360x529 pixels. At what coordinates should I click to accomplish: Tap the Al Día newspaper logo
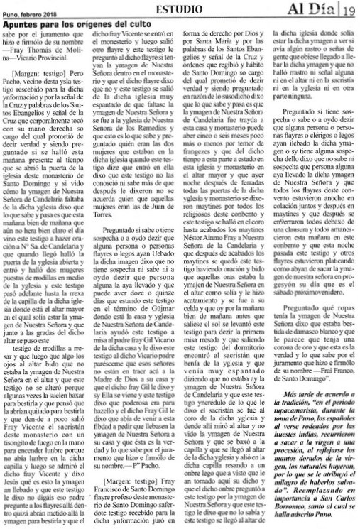pyautogui.click(x=319, y=9)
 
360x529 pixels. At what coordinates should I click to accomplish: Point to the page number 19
pyautogui.click(x=350, y=9)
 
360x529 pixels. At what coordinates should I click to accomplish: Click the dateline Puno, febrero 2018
pyautogui.click(x=28, y=9)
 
